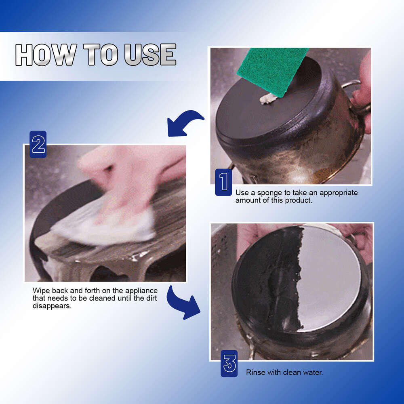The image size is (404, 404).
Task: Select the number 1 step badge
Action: click(223, 183)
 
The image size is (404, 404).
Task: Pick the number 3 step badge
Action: click(229, 364)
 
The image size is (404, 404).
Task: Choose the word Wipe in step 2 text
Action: click(41, 291)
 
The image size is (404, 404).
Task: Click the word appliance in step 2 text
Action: click(142, 291)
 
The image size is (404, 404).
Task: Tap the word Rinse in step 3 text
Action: click(256, 372)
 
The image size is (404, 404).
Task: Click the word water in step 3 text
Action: click(314, 372)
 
